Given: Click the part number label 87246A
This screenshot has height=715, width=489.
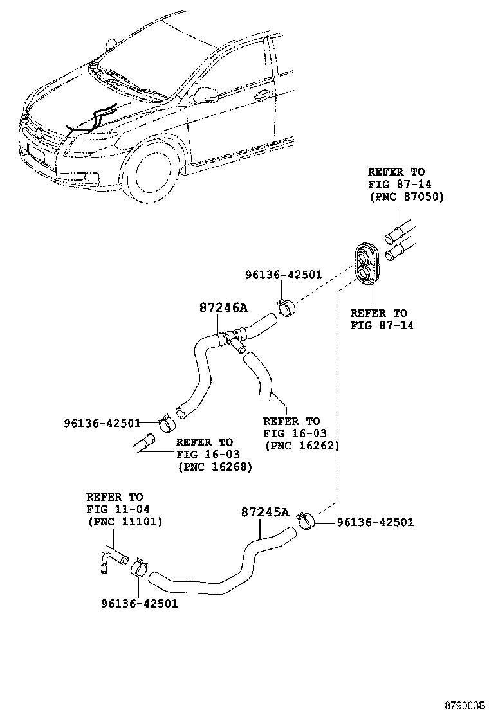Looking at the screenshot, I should (x=221, y=308).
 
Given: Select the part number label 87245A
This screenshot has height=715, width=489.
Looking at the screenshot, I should (x=264, y=512).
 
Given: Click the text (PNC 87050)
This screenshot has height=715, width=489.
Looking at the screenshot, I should (x=406, y=197).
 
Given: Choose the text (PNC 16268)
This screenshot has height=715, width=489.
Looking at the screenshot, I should (x=215, y=467).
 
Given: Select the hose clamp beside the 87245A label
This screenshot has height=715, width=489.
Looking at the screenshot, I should (x=304, y=520).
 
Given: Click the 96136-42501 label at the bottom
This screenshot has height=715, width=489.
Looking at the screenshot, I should (x=139, y=603).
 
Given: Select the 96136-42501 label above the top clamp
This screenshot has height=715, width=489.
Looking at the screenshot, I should (x=283, y=275).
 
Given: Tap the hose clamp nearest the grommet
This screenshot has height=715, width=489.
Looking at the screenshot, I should (x=285, y=308).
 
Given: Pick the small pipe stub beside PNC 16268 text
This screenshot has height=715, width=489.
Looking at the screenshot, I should (x=146, y=444).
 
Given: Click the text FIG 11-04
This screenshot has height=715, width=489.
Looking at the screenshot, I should (x=118, y=510).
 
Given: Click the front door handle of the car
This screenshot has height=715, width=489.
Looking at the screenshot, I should (x=262, y=96).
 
